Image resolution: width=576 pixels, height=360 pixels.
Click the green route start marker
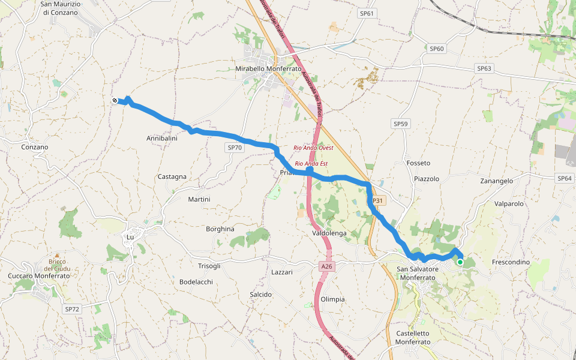click(x=460, y=262)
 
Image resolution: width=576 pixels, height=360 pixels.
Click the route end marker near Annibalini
click(x=115, y=101)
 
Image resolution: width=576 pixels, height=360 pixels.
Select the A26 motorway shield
click(x=326, y=266)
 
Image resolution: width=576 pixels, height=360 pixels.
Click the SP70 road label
click(x=235, y=147)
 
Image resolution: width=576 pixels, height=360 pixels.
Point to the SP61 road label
click(x=367, y=13)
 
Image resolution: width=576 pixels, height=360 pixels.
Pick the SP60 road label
click(x=437, y=48)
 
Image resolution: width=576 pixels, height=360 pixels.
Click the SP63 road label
click(x=484, y=68)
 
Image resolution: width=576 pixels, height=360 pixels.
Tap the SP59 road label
click(x=401, y=124)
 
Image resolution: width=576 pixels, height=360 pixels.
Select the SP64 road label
click(x=565, y=178)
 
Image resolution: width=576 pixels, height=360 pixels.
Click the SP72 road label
click(x=72, y=309)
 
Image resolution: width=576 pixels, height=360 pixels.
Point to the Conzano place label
click(x=34, y=147)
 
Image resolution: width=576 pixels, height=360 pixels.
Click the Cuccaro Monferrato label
click(x=39, y=275)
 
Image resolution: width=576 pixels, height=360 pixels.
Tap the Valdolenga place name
click(x=330, y=233)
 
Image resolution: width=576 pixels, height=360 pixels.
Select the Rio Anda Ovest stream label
click(x=313, y=148)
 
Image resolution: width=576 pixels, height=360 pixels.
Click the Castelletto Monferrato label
click(x=413, y=337)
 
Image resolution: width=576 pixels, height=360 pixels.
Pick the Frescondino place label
click(x=511, y=262)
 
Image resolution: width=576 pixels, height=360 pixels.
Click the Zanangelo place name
click(x=497, y=181)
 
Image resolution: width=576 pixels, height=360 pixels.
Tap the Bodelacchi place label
click(x=196, y=281)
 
